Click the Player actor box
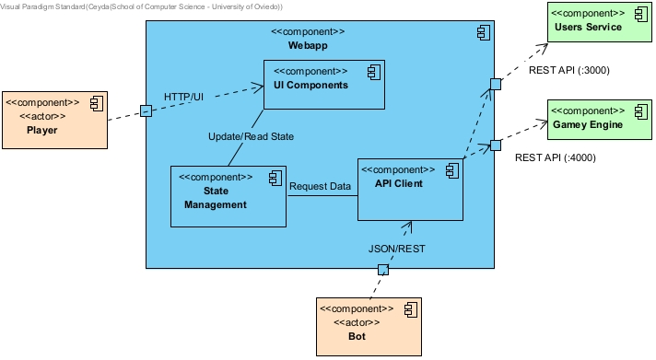[54, 119]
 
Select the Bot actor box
[369, 326]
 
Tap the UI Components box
[323, 85]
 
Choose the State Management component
[228, 196]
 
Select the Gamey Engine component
[589, 119]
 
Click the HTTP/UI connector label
[183, 97]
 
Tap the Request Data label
[320, 186]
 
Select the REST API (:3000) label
[568, 70]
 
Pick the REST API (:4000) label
[555, 157]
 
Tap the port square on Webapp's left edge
[146, 110]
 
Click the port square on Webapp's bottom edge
[383, 269]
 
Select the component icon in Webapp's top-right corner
[483, 32]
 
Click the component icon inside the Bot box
[410, 308]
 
